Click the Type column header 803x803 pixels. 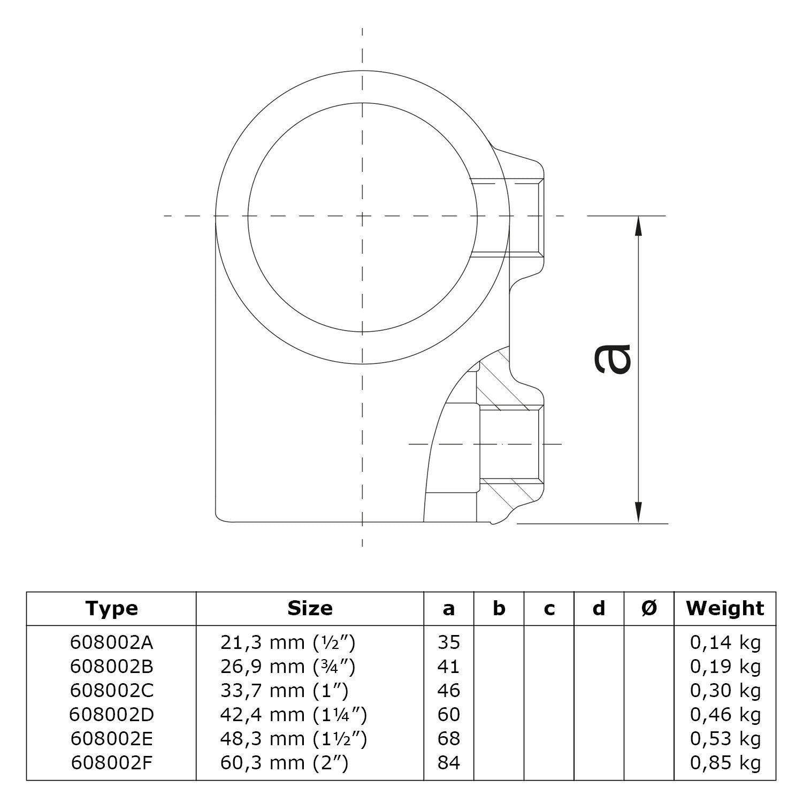tap(111, 608)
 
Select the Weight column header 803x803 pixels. tap(725, 608)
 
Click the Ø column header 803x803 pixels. tap(649, 608)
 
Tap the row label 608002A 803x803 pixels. tap(111, 643)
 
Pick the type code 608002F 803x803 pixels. tap(111, 763)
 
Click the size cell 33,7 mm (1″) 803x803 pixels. tap(284, 691)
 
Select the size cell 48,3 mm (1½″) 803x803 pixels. tap(293, 739)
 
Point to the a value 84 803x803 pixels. tap(448, 763)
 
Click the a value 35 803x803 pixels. tap(448, 643)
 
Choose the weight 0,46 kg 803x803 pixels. tap(725, 715)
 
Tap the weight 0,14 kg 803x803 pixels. tap(725, 643)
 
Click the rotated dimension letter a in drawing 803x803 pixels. tap(613, 358)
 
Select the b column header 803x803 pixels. tap(499, 608)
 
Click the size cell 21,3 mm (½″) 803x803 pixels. tap(287, 643)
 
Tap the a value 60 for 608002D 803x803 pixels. tap(448, 715)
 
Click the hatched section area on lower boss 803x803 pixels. tap(500, 385)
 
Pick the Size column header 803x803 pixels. tap(310, 608)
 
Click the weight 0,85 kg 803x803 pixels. tap(725, 763)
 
